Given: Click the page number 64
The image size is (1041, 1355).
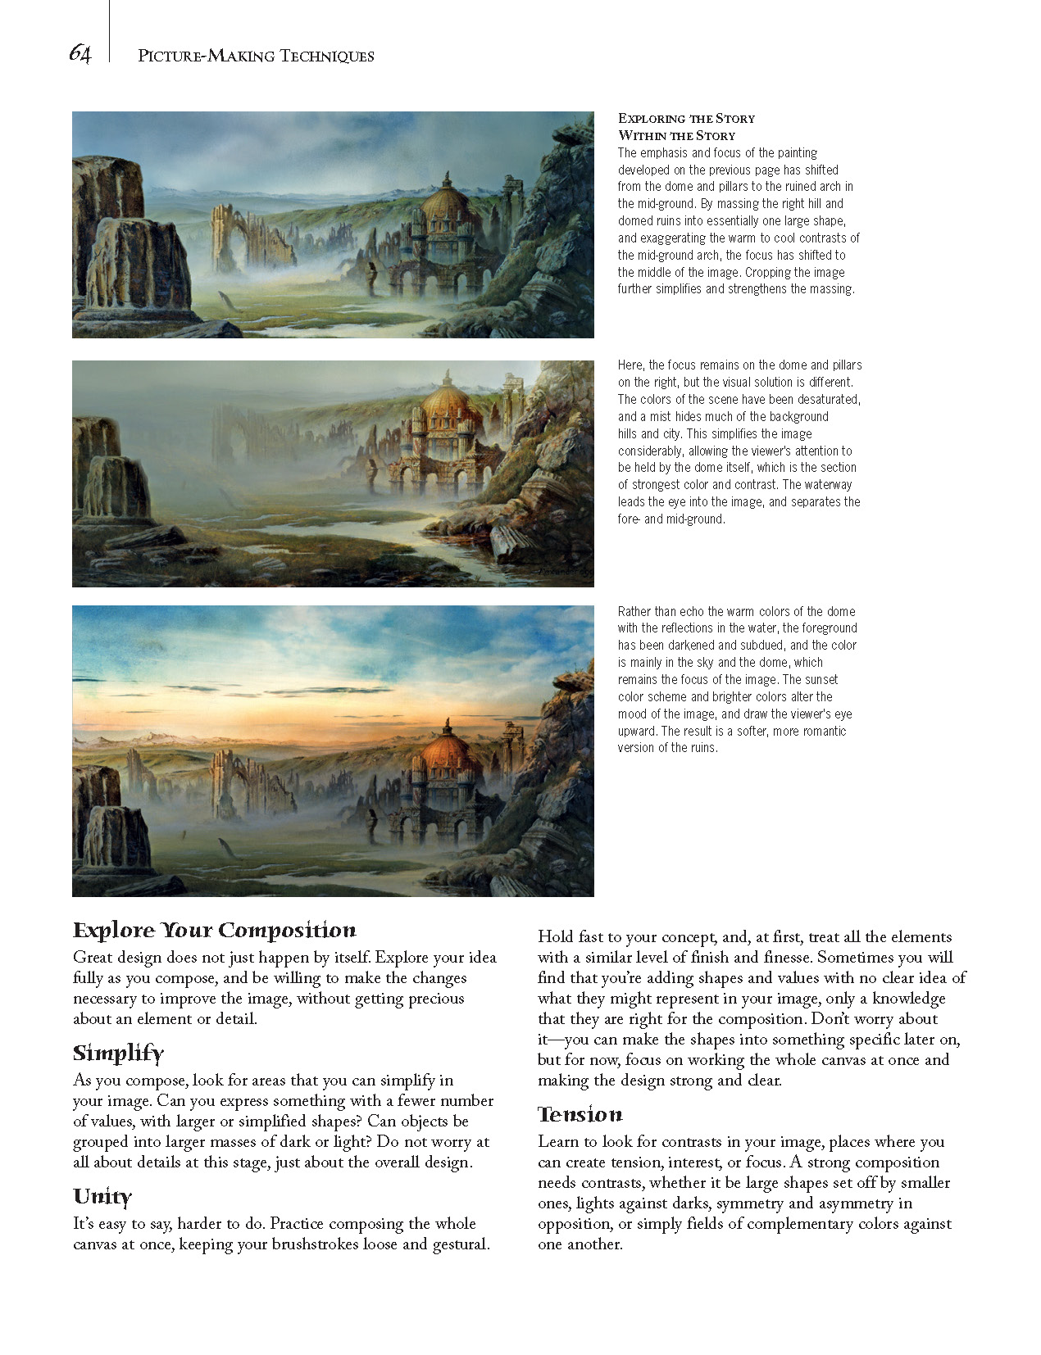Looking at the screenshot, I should [x=80, y=54].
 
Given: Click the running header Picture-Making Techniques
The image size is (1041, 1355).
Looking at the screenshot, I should [x=256, y=56].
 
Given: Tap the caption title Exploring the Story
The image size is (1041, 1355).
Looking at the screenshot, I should [x=686, y=118].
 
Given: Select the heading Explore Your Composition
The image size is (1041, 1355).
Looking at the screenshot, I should [x=214, y=930].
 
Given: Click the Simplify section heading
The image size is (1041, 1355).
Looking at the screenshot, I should [x=118, y=1053].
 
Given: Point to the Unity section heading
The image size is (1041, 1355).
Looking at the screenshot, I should [x=102, y=1196].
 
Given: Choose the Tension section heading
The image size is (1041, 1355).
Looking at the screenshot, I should [x=580, y=1114].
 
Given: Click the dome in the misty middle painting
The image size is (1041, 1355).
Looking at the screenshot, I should [x=448, y=406].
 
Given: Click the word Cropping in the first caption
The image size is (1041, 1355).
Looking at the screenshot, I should [x=770, y=272].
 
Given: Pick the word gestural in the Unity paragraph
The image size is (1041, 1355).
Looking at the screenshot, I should [x=461, y=1244].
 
